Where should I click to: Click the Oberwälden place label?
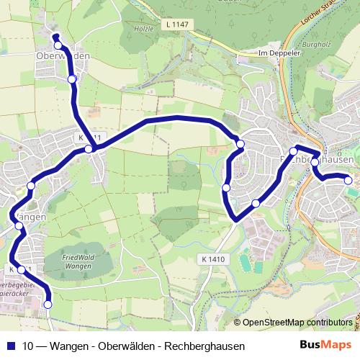[63, 55]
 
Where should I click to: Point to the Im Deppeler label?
[278, 53]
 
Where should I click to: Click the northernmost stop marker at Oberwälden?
[58, 45]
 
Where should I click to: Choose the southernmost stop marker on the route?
[48, 305]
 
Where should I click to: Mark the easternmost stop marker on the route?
[348, 180]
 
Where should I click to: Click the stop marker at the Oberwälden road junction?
[88, 149]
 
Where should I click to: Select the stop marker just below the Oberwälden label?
[71, 78]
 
